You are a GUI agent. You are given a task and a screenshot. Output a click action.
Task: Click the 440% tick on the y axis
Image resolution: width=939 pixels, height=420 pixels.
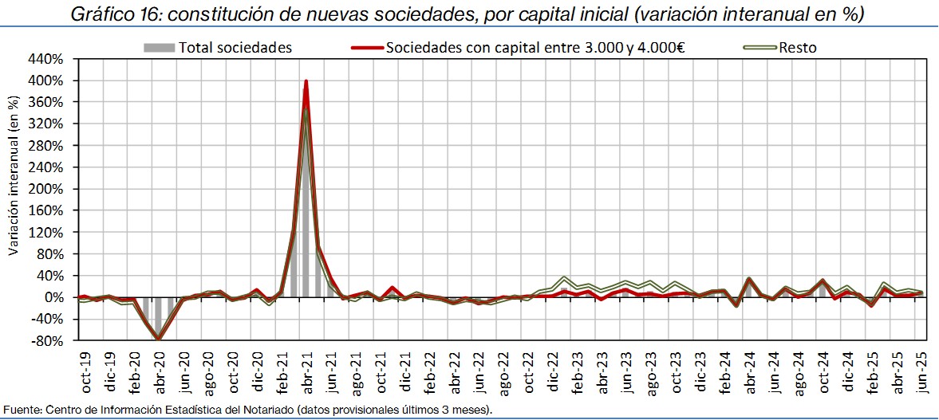click(46, 59)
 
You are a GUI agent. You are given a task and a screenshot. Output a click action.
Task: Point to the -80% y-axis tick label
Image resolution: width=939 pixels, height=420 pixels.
click(46, 341)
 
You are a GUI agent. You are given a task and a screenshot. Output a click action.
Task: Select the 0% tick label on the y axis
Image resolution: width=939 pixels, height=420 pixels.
click(53, 297)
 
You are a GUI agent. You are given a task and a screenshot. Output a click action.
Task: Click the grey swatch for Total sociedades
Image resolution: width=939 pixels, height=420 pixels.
click(159, 48)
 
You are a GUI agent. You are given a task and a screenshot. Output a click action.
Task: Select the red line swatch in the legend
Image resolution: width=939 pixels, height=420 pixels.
click(366, 48)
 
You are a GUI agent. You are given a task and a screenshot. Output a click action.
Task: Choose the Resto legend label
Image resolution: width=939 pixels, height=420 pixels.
click(799, 48)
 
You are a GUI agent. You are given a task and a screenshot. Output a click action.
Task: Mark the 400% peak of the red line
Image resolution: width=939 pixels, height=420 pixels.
click(306, 80)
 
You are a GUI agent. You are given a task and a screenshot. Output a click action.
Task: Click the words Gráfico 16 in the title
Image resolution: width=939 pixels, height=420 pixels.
click(112, 14)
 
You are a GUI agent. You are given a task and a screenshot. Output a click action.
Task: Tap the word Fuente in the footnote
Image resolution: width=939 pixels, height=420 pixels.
click(22, 410)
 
